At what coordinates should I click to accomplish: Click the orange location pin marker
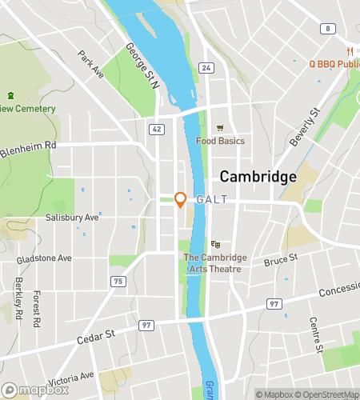pyautogui.click(x=181, y=200)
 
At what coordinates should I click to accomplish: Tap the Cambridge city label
pyautogui.click(x=258, y=177)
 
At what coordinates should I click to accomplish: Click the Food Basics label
pyautogui.click(x=220, y=141)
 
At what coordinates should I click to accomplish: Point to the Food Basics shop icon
pyautogui.click(x=220, y=127)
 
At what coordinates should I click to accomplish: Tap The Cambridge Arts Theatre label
pyautogui.click(x=215, y=262)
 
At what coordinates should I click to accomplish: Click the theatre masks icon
pyautogui.click(x=214, y=244)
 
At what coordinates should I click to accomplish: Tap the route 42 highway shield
pyautogui.click(x=158, y=128)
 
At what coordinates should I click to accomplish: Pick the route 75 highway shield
pyautogui.click(x=118, y=281)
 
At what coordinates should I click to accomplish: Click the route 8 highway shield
pyautogui.click(x=326, y=29)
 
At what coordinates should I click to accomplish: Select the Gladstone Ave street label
pyautogui.click(x=44, y=258)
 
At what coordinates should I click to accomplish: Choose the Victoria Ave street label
pyautogui.click(x=71, y=375)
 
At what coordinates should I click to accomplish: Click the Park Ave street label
pyautogui.click(x=92, y=64)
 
